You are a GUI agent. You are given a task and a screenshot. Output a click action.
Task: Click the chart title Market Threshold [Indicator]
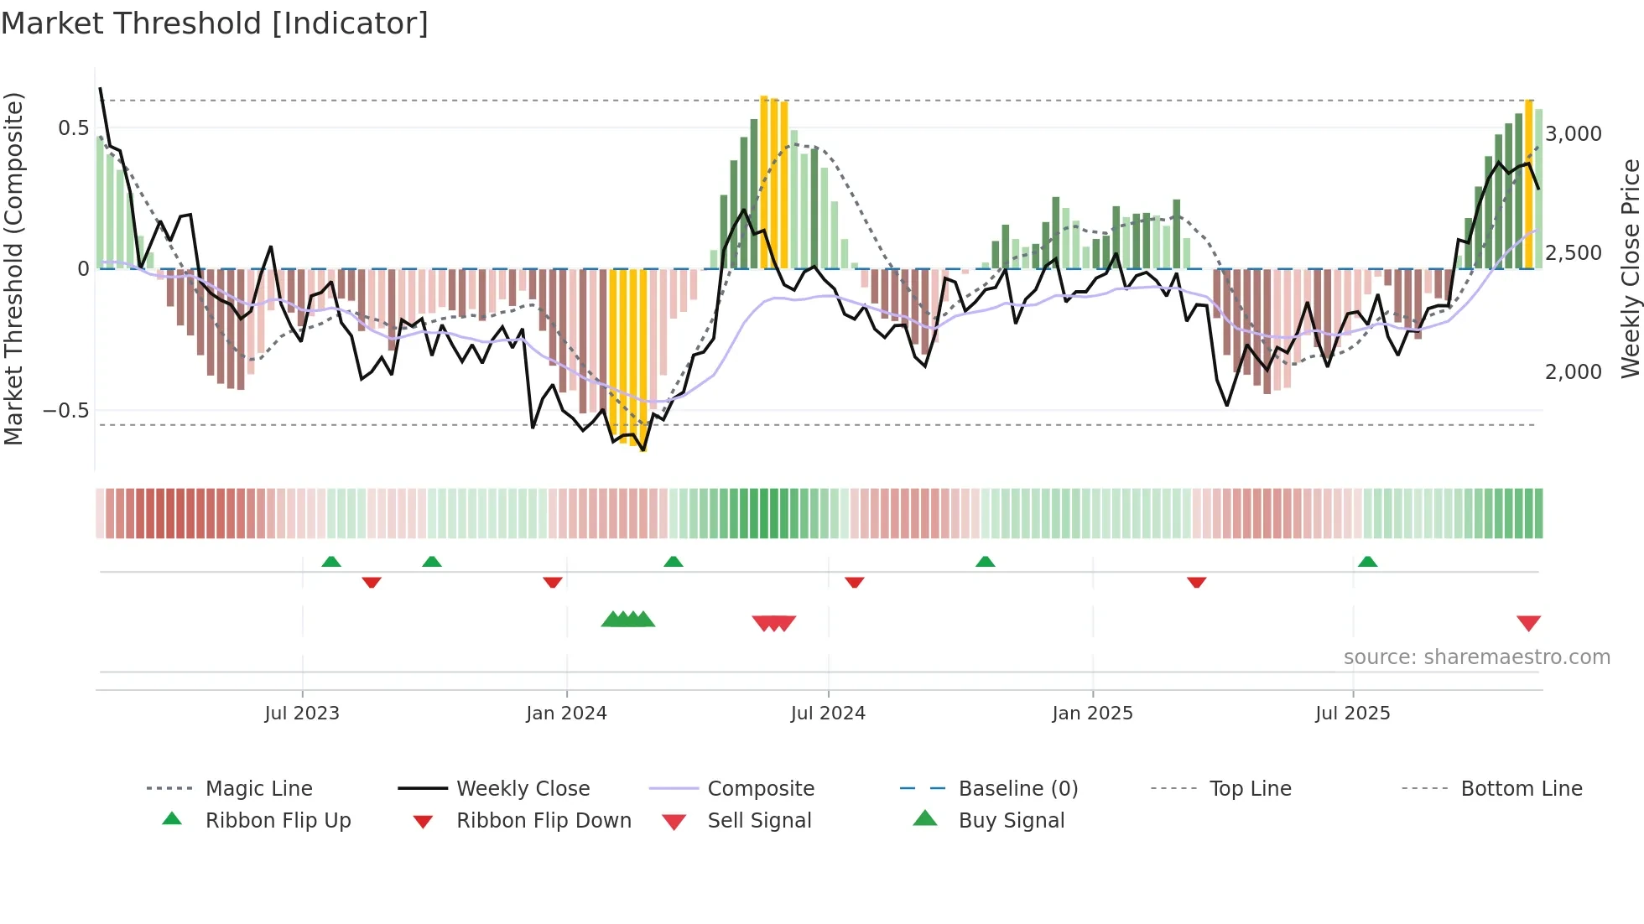click(x=215, y=23)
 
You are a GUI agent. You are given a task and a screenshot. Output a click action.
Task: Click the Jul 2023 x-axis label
click(x=302, y=714)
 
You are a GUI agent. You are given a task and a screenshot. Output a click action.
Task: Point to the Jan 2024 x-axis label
click(x=566, y=714)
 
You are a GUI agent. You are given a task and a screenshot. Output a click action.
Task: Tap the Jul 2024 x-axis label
click(x=828, y=714)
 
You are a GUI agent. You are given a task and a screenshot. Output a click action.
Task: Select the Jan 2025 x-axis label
click(x=1092, y=714)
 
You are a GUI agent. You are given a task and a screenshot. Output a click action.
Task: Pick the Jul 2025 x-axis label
click(x=1352, y=714)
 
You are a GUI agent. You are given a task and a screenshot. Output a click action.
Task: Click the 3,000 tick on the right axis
click(x=1574, y=134)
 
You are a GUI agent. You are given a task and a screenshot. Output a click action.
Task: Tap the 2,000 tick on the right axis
click(x=1574, y=372)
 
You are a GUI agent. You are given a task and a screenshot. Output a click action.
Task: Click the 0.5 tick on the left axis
click(x=73, y=128)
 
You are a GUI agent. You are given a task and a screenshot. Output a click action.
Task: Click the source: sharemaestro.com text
click(x=1476, y=657)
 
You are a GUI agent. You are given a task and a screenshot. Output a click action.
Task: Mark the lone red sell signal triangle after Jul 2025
click(x=1528, y=623)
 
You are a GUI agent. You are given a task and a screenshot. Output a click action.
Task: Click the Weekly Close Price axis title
click(x=1630, y=268)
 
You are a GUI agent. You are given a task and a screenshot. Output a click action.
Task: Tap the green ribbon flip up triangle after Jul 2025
click(x=1367, y=562)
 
